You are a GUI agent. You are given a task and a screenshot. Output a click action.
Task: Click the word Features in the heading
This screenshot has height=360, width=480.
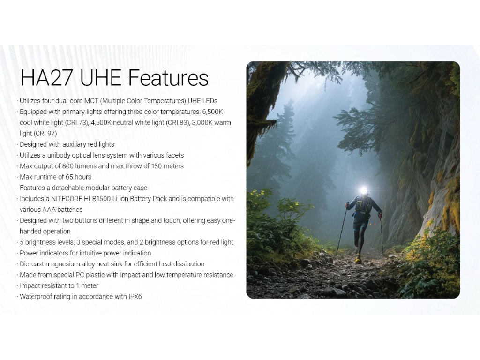coord(168,78)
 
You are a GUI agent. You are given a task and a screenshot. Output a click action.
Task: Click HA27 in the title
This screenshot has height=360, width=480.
coord(46,78)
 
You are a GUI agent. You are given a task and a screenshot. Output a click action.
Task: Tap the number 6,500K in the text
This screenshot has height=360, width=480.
coord(212,112)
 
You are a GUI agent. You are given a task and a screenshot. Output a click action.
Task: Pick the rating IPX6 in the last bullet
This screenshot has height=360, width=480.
coord(135,297)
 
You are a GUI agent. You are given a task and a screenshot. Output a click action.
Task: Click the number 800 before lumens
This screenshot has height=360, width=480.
coord(67,166)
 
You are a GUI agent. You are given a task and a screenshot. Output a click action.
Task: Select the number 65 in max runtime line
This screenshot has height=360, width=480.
coord(69,177)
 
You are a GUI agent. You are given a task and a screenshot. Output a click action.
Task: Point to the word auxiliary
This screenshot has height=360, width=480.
coord(74,144)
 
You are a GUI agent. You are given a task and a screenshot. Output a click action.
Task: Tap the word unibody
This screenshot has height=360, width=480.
coord(59,155)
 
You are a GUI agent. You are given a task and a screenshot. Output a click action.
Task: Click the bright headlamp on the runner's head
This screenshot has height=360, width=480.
coord(363,190)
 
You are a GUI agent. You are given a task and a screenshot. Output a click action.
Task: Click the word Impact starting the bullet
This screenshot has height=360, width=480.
coord(29,286)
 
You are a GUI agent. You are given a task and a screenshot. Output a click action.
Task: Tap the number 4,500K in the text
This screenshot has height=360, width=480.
coord(101,123)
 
